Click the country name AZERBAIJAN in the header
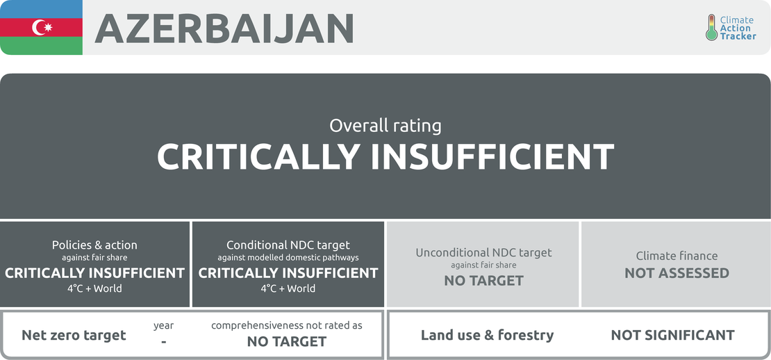click(x=224, y=28)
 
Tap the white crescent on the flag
click(x=37, y=28)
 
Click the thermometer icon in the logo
click(x=711, y=27)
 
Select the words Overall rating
click(x=385, y=126)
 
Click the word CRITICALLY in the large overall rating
click(x=258, y=156)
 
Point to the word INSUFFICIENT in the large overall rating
click(x=492, y=156)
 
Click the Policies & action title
click(x=94, y=245)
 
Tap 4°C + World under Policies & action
click(x=94, y=288)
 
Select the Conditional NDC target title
click(x=288, y=245)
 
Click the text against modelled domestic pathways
click(x=288, y=257)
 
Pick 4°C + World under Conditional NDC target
click(x=288, y=288)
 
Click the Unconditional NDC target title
click(x=484, y=253)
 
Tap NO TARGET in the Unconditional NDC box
click(x=484, y=281)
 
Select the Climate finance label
click(x=677, y=256)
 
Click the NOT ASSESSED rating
click(x=677, y=273)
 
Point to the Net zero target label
click(x=74, y=336)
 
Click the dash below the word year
click(x=163, y=341)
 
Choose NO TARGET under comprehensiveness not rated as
click(x=287, y=341)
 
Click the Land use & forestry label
click(x=488, y=336)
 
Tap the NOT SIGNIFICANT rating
click(x=672, y=336)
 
